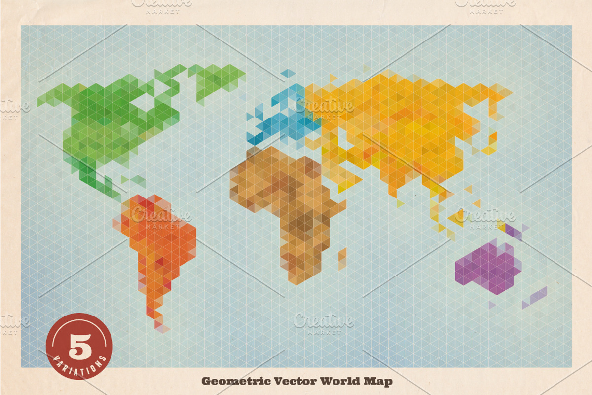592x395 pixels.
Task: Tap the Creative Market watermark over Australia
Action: coord(486,217)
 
